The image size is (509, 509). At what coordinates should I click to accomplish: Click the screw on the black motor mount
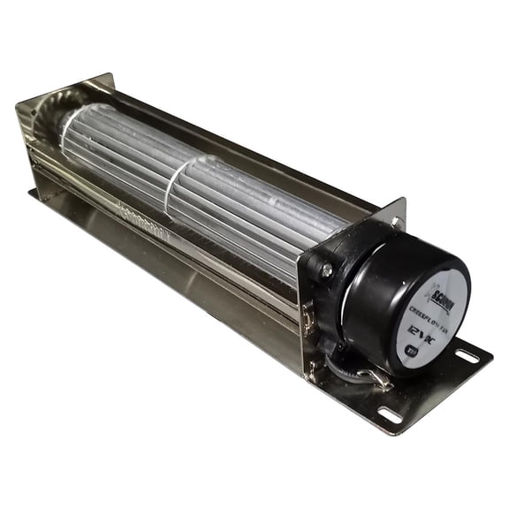[326, 273]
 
